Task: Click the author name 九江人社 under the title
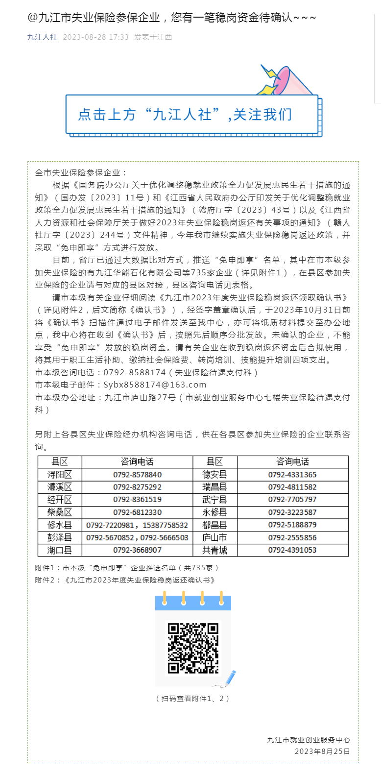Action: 42,37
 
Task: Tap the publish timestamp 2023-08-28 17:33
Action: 96,37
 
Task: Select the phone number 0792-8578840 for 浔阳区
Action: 137,475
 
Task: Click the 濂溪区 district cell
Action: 60,487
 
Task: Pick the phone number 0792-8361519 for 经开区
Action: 137,500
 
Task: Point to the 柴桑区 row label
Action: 60,512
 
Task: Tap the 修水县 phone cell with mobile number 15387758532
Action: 137,525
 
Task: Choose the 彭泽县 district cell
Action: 60,538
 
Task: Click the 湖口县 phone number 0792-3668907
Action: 137,550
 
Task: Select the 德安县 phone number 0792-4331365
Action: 292,475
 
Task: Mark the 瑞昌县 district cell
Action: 215,487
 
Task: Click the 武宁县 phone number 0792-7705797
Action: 292,500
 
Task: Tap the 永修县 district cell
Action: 215,512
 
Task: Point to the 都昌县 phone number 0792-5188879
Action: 292,525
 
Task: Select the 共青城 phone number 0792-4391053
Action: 292,550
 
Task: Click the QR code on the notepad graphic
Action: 193,648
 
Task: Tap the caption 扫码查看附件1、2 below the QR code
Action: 193,699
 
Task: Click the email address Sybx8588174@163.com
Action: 155,385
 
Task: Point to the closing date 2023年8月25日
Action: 322,751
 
